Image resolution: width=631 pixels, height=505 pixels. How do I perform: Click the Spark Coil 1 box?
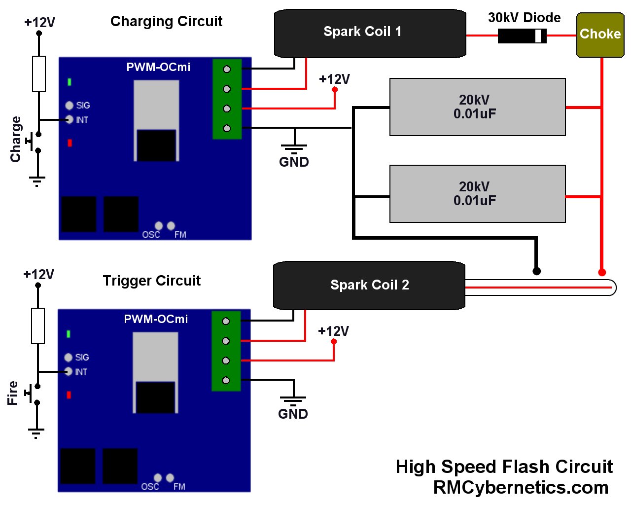coord(370,33)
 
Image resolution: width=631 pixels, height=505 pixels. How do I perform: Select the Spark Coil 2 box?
coord(369,285)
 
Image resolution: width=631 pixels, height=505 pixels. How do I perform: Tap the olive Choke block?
coord(600,35)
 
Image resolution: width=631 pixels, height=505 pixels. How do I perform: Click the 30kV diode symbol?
coord(522,36)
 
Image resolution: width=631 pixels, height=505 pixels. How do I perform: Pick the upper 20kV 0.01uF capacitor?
coord(477,107)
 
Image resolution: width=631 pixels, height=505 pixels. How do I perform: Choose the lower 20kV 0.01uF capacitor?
coord(477,194)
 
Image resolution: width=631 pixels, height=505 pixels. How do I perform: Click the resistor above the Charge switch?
coord(39,74)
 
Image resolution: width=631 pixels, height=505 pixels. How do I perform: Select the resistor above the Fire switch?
coord(38,325)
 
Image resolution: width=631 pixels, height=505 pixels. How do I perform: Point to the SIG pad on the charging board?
coord(69,106)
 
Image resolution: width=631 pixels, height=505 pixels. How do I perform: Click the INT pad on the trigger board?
coord(69,372)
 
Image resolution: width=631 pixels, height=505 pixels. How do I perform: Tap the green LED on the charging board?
coord(69,82)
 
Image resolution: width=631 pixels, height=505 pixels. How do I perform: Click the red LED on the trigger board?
coord(69,395)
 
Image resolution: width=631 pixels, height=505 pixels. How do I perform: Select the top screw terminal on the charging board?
coord(227,69)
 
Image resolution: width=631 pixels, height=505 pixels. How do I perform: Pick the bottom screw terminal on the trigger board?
coord(226,381)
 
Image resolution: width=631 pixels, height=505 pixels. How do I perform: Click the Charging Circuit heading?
coord(166,21)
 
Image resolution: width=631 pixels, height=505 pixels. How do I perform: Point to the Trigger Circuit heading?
coord(152,281)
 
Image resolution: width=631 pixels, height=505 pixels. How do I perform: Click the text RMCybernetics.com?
coord(521,487)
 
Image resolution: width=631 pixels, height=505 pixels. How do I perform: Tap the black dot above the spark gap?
coord(536,271)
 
